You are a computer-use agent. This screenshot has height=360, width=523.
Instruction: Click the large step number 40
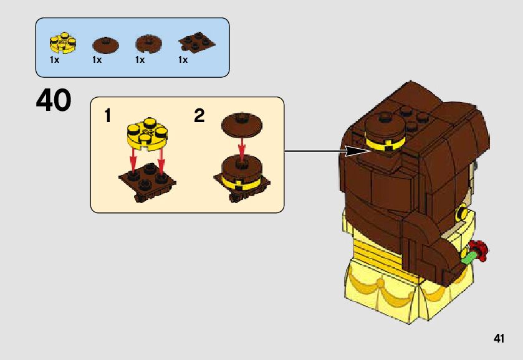pyautogui.click(x=54, y=101)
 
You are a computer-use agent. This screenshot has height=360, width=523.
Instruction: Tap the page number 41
pyautogui.click(x=498, y=339)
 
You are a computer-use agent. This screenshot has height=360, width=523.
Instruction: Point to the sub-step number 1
pyautogui.click(x=108, y=116)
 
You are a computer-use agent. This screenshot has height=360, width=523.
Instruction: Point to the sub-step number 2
pyautogui.click(x=199, y=116)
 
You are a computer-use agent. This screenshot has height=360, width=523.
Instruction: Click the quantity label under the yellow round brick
pyautogui.click(x=55, y=60)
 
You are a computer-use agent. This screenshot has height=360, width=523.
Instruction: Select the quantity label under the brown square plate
pyautogui.click(x=183, y=60)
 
